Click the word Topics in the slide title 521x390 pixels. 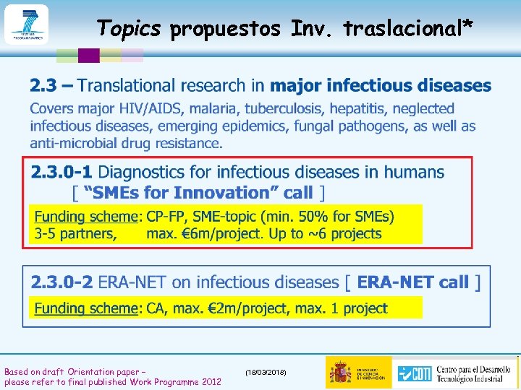point(129,28)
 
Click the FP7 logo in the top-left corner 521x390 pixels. point(26,24)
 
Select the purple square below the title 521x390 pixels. point(88,56)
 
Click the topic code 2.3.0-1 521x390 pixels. point(62,173)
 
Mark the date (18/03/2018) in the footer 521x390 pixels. point(266,372)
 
